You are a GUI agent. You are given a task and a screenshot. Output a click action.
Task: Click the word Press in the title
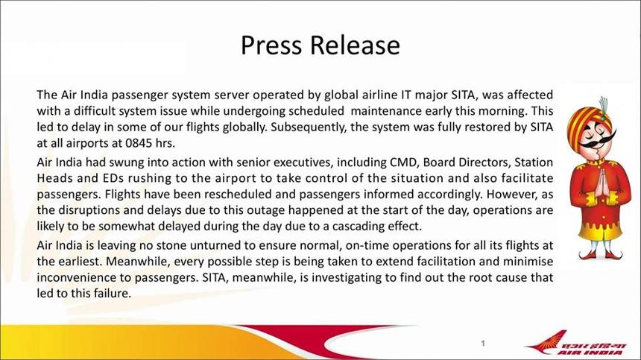[x=271, y=45]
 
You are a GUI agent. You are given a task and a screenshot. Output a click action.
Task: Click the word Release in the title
[x=355, y=45]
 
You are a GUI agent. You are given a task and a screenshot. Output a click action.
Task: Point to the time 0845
[x=139, y=143]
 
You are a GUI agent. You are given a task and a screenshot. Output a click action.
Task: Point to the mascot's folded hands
[x=600, y=185]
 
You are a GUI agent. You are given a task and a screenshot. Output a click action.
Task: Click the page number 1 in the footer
[x=483, y=344]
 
